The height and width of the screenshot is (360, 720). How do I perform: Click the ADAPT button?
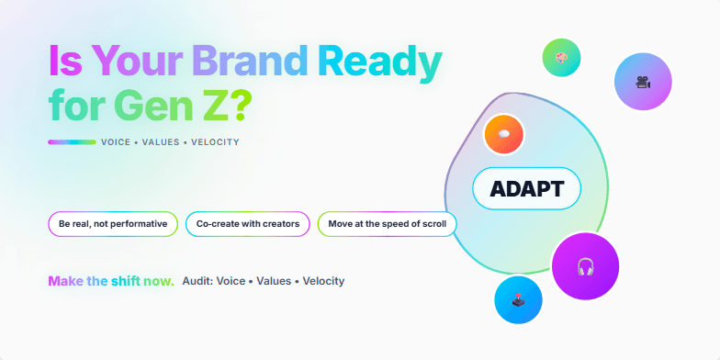pyautogui.click(x=526, y=189)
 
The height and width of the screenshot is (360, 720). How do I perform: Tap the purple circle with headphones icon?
pyautogui.click(x=585, y=266)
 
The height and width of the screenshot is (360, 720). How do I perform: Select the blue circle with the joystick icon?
pyautogui.click(x=518, y=299)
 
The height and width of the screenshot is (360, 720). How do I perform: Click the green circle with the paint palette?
pyautogui.click(x=560, y=57)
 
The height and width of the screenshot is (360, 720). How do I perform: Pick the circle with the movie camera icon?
pyautogui.click(x=643, y=81)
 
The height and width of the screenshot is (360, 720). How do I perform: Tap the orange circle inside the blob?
pyautogui.click(x=503, y=134)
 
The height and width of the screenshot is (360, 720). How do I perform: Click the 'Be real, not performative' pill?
pyautogui.click(x=113, y=224)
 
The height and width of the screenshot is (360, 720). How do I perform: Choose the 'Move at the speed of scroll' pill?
pyautogui.click(x=387, y=224)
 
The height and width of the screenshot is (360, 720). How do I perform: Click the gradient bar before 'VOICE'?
pyautogui.click(x=72, y=142)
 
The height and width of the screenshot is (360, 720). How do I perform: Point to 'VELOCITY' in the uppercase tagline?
pyautogui.click(x=215, y=142)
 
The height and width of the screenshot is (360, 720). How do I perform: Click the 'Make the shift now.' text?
pyautogui.click(x=111, y=281)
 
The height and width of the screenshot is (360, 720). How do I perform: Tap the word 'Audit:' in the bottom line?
pyautogui.click(x=197, y=281)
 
